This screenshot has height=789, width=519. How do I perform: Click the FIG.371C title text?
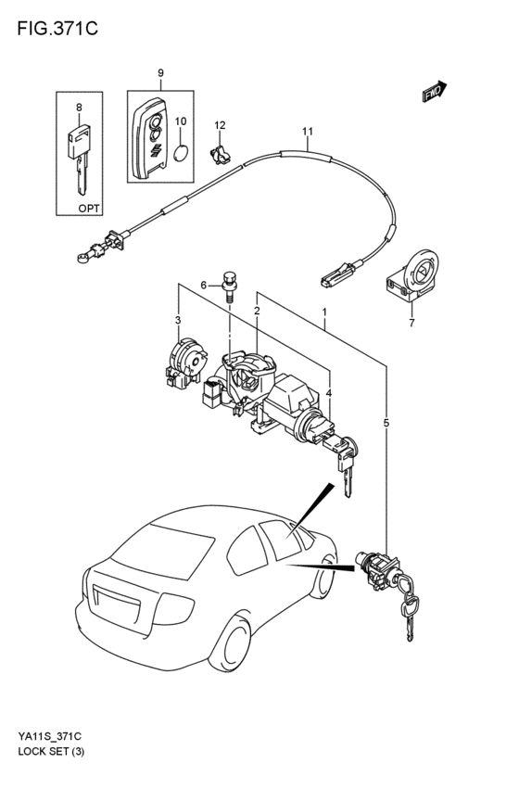click(x=57, y=29)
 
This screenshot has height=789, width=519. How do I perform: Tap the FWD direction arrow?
click(x=435, y=92)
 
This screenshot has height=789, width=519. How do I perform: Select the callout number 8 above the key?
click(x=80, y=107)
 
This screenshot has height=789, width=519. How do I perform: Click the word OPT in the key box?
click(x=89, y=208)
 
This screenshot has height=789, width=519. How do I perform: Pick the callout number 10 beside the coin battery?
click(x=181, y=121)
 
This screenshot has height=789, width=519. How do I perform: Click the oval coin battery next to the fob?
click(x=181, y=153)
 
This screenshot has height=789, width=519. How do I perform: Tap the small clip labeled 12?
click(x=220, y=154)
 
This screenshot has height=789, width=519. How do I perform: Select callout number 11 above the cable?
click(x=308, y=132)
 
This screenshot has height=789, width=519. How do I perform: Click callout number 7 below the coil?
click(x=411, y=323)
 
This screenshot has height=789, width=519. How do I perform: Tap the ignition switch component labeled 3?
click(x=185, y=363)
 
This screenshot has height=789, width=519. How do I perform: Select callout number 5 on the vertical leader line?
click(x=386, y=423)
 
